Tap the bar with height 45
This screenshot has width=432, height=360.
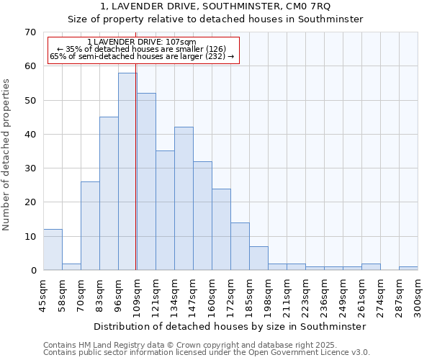tap(109, 194)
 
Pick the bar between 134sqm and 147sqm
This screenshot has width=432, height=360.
tap(184, 199)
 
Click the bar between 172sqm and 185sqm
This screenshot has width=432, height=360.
tap(240, 246)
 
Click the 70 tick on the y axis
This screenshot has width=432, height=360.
tap(30, 32)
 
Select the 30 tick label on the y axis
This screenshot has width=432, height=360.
tap(30, 168)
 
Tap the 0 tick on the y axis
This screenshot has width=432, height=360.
tap(32, 271)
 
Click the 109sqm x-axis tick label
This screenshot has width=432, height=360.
tap(137, 295)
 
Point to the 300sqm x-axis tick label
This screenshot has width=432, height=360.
tap(418, 295)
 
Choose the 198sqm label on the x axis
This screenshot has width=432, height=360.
tap(268, 295)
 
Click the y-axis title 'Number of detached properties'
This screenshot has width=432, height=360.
tap(6, 155)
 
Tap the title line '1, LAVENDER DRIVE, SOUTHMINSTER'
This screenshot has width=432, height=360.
tap(216, 6)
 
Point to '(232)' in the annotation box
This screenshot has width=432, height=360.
tap(215, 56)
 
